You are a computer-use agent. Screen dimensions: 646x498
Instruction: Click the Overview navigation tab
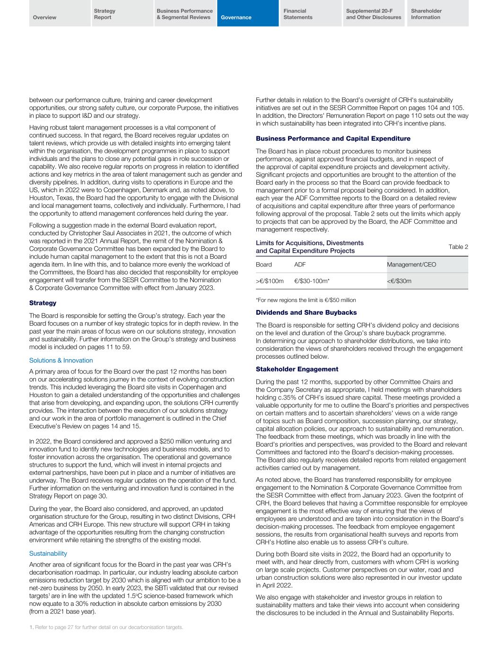45,18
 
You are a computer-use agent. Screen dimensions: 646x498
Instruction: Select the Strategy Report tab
105,14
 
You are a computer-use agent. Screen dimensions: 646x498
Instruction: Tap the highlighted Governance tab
236,18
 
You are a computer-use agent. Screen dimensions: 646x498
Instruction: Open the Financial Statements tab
298,14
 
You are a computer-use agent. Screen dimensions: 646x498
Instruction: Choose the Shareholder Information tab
426,14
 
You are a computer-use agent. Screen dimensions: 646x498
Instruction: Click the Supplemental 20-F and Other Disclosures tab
374,14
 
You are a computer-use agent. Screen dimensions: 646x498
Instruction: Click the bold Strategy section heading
43,303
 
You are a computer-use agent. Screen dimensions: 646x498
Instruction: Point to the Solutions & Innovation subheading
61,361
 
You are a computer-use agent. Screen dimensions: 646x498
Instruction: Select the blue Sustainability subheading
48,553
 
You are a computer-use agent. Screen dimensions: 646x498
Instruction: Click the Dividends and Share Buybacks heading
306,313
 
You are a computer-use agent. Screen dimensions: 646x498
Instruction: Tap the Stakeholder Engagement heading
297,369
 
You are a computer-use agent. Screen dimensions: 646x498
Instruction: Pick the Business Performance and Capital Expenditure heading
333,139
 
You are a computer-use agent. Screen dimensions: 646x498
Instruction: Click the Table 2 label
458,247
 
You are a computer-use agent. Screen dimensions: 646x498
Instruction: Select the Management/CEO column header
411,265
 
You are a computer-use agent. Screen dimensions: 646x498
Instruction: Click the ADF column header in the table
300,265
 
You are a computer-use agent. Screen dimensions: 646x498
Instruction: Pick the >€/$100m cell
270,281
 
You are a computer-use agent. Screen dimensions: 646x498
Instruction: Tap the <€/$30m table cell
399,281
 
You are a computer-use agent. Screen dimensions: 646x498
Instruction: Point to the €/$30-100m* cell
312,281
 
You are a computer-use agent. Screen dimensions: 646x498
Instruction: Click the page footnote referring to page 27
106,628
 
